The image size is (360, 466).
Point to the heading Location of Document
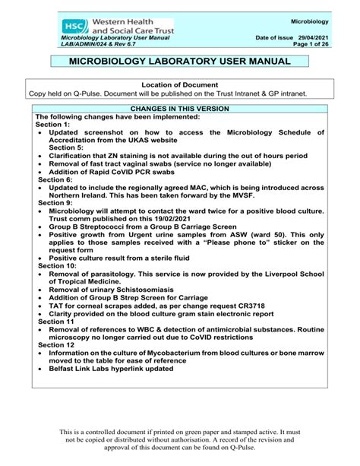[x=180, y=84]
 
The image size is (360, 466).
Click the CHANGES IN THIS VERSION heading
[x=180, y=108]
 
